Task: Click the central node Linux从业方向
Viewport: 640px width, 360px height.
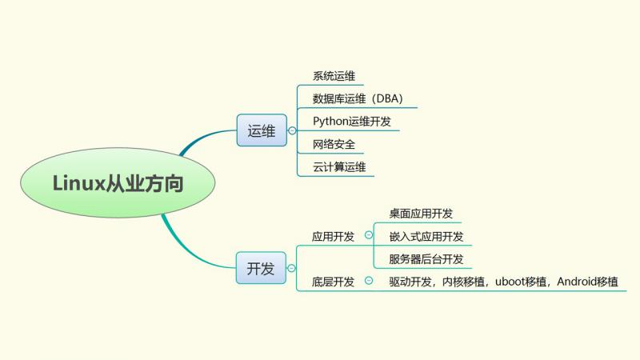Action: tap(118, 183)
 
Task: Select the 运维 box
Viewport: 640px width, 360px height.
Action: tap(261, 130)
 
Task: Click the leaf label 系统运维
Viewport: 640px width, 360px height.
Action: tap(334, 77)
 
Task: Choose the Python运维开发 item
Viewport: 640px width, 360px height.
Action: tap(351, 122)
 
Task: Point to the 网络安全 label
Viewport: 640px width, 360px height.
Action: tap(334, 145)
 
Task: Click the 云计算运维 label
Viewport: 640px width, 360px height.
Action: tap(339, 167)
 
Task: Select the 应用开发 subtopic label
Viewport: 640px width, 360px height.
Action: tap(333, 236)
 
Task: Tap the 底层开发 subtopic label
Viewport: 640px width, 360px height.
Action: tap(333, 282)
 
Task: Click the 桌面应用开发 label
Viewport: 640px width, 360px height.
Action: tap(421, 214)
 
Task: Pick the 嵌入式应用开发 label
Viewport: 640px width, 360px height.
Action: tap(426, 236)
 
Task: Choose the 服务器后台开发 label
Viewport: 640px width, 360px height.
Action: tap(426, 258)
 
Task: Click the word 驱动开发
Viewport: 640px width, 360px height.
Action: tap(411, 282)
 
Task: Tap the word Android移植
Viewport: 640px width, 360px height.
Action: tap(587, 282)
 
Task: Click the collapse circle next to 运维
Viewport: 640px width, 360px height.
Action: tap(292, 130)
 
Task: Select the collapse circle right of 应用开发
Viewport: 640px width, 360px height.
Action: tap(368, 235)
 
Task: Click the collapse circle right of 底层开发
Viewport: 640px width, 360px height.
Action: tap(368, 281)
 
